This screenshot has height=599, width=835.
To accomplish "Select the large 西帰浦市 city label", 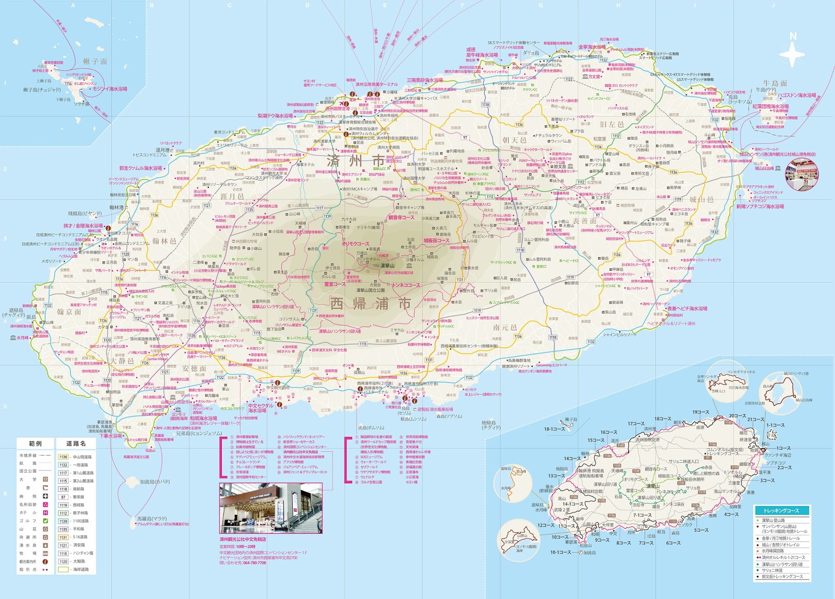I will click(x=371, y=303).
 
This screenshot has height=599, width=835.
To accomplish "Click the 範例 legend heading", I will click(x=35, y=444).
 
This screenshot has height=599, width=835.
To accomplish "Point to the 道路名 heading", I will click(x=76, y=444).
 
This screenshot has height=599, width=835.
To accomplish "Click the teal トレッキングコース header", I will click(x=781, y=510).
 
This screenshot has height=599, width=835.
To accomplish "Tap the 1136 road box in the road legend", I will click(x=63, y=457).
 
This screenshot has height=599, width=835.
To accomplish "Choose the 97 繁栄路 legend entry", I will click(x=63, y=497).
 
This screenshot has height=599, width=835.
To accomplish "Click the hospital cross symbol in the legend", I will click(x=45, y=496).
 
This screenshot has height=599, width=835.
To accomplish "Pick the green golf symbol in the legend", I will click(x=45, y=521).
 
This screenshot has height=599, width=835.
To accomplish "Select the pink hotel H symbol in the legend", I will click(x=45, y=512).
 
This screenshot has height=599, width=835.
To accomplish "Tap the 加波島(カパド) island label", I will click(x=155, y=482).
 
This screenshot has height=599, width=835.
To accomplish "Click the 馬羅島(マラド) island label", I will click(x=152, y=519).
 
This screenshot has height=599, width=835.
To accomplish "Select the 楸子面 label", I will click(x=95, y=62).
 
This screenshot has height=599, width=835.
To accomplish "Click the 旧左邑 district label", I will click(x=612, y=125).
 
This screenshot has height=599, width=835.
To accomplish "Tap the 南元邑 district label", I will click(x=505, y=328).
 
